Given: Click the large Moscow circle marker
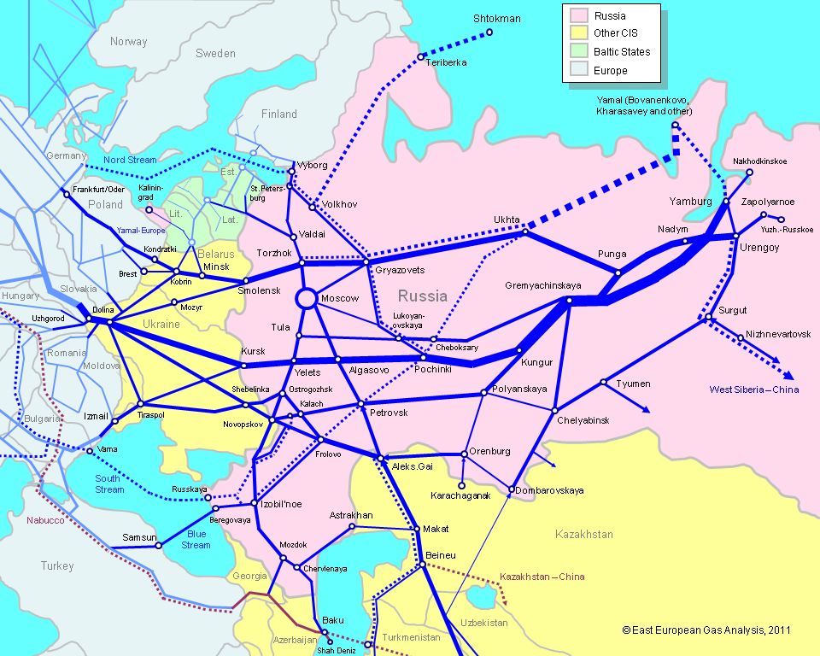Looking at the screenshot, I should (305, 298).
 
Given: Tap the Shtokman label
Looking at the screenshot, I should (497, 18).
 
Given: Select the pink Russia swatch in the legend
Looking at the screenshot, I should (578, 15).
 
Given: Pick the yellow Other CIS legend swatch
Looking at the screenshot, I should (578, 33).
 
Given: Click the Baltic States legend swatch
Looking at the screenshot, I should (578, 52).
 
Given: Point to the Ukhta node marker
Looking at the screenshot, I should (525, 231).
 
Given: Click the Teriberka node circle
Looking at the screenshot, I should (421, 57).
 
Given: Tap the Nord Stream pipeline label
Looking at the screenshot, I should (130, 160).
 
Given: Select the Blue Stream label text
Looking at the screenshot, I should (196, 540).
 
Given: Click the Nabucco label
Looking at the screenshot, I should (45, 520).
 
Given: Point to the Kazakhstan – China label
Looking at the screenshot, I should (542, 577).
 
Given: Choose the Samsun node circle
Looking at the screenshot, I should (159, 545).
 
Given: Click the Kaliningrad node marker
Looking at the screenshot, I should (148, 209).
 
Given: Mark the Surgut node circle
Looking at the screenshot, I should (708, 319).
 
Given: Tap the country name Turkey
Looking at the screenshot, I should (57, 565).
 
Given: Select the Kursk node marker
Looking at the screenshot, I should (243, 366).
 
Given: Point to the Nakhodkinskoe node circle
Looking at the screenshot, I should (749, 172).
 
